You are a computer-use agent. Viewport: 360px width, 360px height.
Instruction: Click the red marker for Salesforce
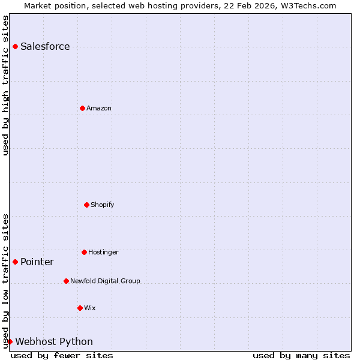click(15, 46)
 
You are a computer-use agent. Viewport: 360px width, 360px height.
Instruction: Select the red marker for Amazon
click(82, 108)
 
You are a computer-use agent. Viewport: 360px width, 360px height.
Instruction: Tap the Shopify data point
click(86, 205)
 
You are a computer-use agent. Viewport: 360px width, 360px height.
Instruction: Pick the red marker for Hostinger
click(84, 252)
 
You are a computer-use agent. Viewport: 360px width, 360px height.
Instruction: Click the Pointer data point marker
click(15, 262)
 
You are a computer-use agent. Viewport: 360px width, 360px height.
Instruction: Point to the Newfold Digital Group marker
click(66, 281)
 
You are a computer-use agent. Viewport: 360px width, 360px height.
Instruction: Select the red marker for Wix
click(80, 308)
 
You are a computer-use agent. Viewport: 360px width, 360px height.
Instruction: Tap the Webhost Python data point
click(10, 341)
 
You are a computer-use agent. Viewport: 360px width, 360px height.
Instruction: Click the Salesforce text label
click(45, 47)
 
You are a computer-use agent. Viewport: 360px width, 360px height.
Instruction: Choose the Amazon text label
click(99, 108)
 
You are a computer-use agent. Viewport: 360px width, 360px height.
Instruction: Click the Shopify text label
click(103, 205)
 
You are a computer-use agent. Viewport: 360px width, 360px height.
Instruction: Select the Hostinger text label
click(103, 252)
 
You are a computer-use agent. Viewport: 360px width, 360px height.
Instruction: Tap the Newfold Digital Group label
click(105, 281)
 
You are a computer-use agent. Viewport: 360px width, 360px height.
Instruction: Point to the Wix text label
click(90, 308)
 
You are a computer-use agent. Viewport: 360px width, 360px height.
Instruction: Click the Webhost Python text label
click(54, 342)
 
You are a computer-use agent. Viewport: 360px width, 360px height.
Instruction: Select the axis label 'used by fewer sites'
click(62, 355)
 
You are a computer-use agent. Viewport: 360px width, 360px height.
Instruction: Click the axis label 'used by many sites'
click(301, 355)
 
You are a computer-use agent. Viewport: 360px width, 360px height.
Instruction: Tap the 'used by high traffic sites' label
click(5, 85)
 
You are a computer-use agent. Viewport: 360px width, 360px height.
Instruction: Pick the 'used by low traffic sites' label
click(5, 281)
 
